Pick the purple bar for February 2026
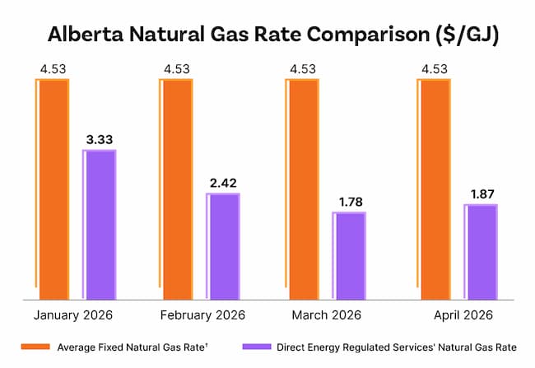223,246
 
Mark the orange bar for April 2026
433,189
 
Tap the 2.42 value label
223,181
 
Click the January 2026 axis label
73,314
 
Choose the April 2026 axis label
463,314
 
